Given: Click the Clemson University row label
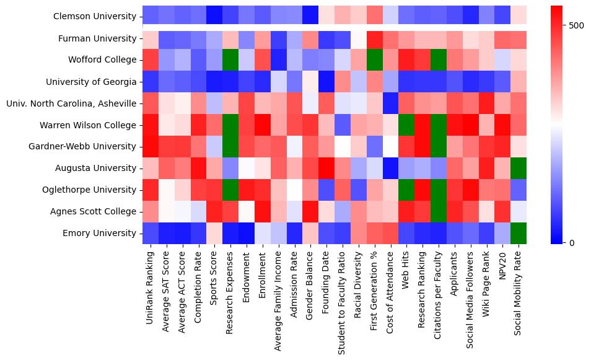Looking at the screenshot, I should (95, 16).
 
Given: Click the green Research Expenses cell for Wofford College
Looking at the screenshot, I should (230, 60).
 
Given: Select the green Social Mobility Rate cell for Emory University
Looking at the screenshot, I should (519, 233).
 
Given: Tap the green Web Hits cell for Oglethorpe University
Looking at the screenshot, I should (406, 190).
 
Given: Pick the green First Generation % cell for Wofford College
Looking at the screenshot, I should (374, 60).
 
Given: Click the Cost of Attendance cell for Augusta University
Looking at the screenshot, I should (390, 168).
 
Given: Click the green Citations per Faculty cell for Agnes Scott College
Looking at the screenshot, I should (439, 211).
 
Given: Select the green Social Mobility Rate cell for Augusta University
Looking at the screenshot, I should (519, 168).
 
